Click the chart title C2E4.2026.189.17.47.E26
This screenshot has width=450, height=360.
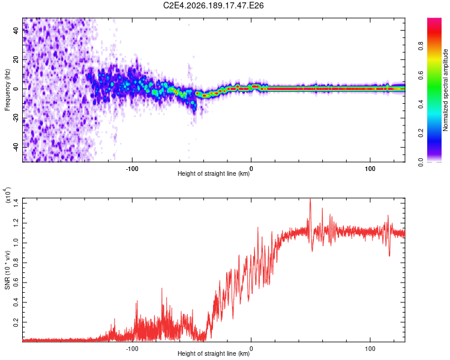pos(213,5)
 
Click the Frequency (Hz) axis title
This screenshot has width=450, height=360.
pos(7,89)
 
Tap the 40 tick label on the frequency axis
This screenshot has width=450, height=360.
pos(16,30)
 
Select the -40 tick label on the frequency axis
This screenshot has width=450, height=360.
pos(16,148)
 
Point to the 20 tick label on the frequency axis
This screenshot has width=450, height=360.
pos(16,59)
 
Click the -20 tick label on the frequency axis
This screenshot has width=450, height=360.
pos(16,118)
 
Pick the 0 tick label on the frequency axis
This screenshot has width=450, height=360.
pos(16,89)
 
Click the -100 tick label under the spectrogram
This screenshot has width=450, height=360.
pos(132,169)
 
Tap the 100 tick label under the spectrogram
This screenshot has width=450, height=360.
pos(370,169)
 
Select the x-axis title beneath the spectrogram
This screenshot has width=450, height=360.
pos(214,173)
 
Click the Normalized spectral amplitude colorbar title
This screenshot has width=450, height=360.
pos(445,90)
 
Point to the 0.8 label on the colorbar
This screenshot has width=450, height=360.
pos(421,46)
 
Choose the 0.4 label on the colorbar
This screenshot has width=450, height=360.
pos(421,104)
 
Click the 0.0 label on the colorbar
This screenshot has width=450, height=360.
pos(421,163)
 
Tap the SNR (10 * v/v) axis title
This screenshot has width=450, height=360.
pos(7,270)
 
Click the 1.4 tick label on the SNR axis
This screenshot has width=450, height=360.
pos(16,203)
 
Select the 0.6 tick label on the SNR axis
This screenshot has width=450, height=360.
pos(16,283)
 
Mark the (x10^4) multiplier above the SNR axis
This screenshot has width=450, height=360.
pos(7,195)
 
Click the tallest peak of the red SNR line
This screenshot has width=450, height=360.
pos(310,199)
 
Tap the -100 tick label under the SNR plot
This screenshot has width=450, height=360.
pos(132,349)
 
